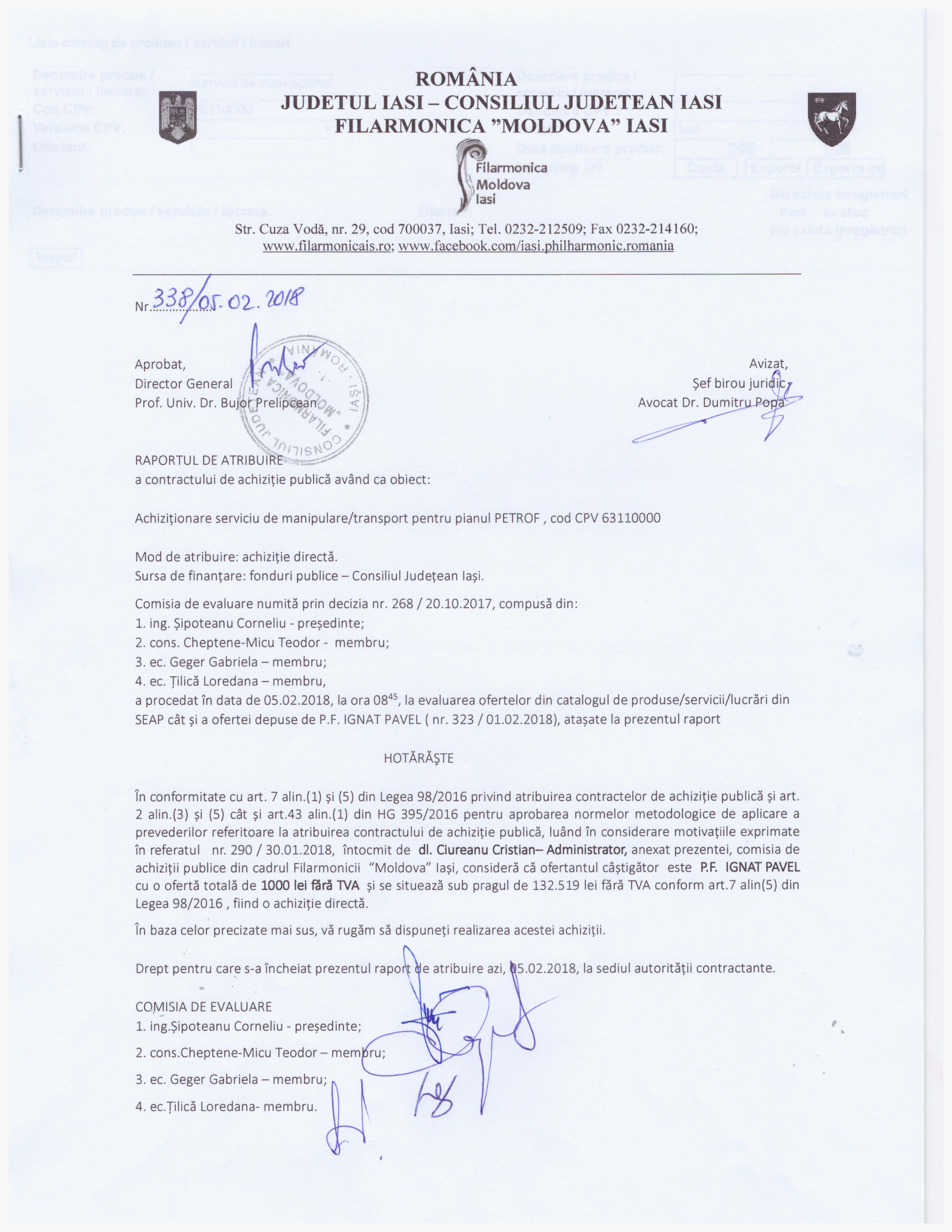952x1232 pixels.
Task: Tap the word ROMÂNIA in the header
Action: click(466, 80)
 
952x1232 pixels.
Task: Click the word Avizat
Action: click(768, 364)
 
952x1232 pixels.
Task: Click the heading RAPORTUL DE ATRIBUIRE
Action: click(209, 460)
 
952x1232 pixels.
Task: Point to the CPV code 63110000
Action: click(631, 518)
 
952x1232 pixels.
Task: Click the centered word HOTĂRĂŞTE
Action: click(419, 758)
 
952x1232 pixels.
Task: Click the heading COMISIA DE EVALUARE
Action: click(203, 1007)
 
